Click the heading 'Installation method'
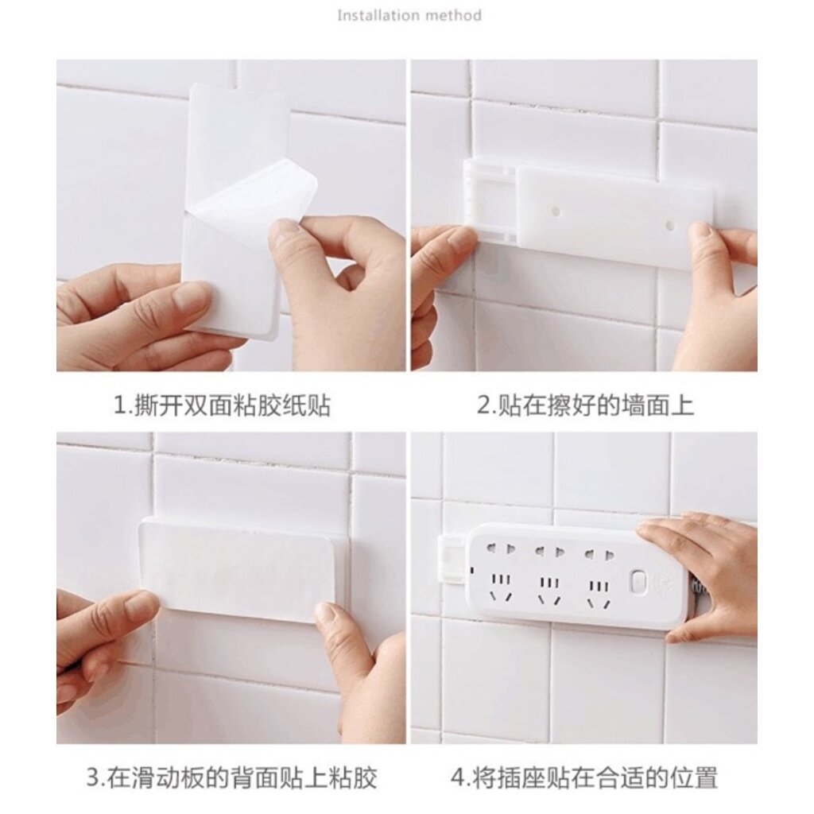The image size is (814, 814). [409, 15]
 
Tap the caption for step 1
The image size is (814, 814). [223, 405]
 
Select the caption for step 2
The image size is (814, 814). [585, 405]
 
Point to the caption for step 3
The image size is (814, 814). [231, 777]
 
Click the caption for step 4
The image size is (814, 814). [584, 777]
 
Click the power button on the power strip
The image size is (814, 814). [638, 581]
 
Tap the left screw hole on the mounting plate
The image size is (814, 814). [556, 211]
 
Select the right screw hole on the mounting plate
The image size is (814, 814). [669, 226]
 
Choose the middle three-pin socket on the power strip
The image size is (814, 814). [550, 591]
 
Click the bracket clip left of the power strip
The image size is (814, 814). [452, 558]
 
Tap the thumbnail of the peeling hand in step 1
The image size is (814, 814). [285, 231]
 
